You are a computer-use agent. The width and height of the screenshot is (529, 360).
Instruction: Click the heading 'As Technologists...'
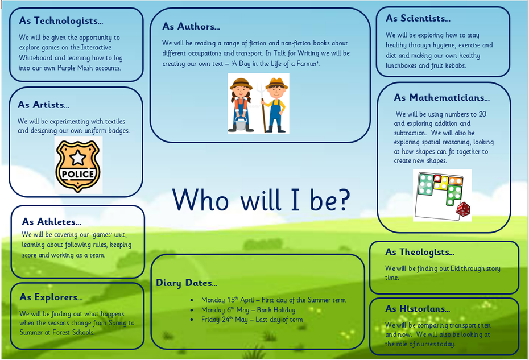[61, 21]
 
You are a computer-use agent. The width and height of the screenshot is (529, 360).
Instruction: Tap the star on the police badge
[78, 158]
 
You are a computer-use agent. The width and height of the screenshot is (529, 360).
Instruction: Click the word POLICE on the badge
[78, 174]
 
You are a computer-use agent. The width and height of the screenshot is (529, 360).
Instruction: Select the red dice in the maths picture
[463, 209]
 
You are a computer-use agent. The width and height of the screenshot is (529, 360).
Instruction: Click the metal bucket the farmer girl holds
[240, 123]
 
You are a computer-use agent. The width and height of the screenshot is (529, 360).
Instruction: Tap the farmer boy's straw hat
[277, 83]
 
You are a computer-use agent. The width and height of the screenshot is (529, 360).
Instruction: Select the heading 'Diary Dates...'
[187, 283]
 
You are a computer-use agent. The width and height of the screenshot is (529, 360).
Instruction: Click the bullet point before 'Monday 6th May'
[192, 310]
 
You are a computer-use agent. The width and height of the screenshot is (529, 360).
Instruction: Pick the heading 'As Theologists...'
[420, 252]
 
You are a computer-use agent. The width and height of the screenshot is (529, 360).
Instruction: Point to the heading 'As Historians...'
[418, 309]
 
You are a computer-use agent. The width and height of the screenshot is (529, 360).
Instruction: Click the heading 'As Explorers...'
[51, 297]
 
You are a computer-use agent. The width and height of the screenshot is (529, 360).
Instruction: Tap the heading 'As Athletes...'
[51, 222]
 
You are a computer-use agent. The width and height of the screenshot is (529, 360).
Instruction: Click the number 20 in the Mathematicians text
[482, 114]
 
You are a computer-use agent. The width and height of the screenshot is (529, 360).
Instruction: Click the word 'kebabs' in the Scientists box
[456, 65]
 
